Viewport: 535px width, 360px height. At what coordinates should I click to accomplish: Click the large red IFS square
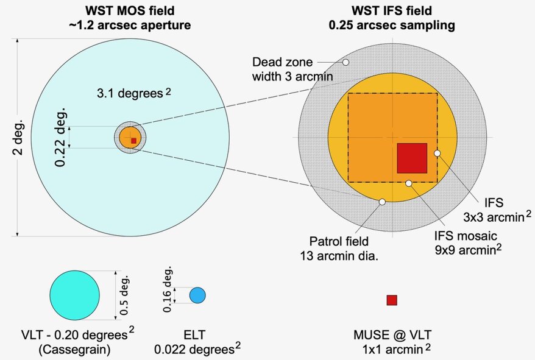pyautogui.click(x=412, y=158)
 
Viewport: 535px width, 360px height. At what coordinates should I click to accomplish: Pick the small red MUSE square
pyautogui.click(x=392, y=300)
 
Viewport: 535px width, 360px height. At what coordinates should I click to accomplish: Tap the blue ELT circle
pyautogui.click(x=197, y=295)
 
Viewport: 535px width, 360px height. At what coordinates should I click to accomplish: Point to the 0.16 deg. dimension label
pyautogui.click(x=169, y=289)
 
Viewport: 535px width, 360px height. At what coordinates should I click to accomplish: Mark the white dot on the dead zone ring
pyautogui.click(x=345, y=62)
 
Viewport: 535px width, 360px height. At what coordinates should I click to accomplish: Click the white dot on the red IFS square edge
pyautogui.click(x=437, y=154)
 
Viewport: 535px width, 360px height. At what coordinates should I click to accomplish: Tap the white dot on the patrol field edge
pyautogui.click(x=382, y=202)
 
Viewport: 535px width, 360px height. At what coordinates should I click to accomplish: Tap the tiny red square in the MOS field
pyautogui.click(x=133, y=140)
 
